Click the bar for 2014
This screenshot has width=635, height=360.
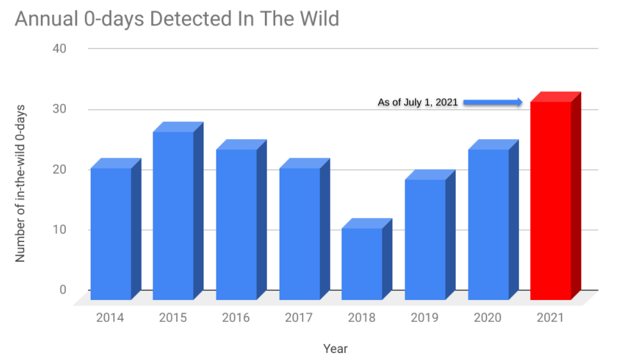pos(111,234)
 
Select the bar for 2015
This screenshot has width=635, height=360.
pos(173,216)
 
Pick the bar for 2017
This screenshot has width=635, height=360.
pos(299,234)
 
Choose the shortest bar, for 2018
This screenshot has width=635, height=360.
pos(362,264)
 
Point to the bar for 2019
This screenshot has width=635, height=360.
pos(425,239)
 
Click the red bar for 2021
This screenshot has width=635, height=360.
pos(551,200)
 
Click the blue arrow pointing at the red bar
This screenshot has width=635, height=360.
pos(493,102)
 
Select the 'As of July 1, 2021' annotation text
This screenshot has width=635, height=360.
pos(418,102)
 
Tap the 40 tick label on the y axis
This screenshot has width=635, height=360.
pos(59,49)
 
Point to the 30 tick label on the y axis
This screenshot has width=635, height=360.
pos(59,109)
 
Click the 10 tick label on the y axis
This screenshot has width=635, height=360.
pos(59,230)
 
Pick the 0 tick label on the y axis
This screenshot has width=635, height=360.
pos(63,290)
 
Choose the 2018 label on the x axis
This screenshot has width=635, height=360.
pos(362,318)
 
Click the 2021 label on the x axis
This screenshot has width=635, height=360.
pos(550,318)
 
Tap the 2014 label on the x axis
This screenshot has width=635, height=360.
pos(110,318)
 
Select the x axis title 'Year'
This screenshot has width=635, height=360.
pos(335,349)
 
